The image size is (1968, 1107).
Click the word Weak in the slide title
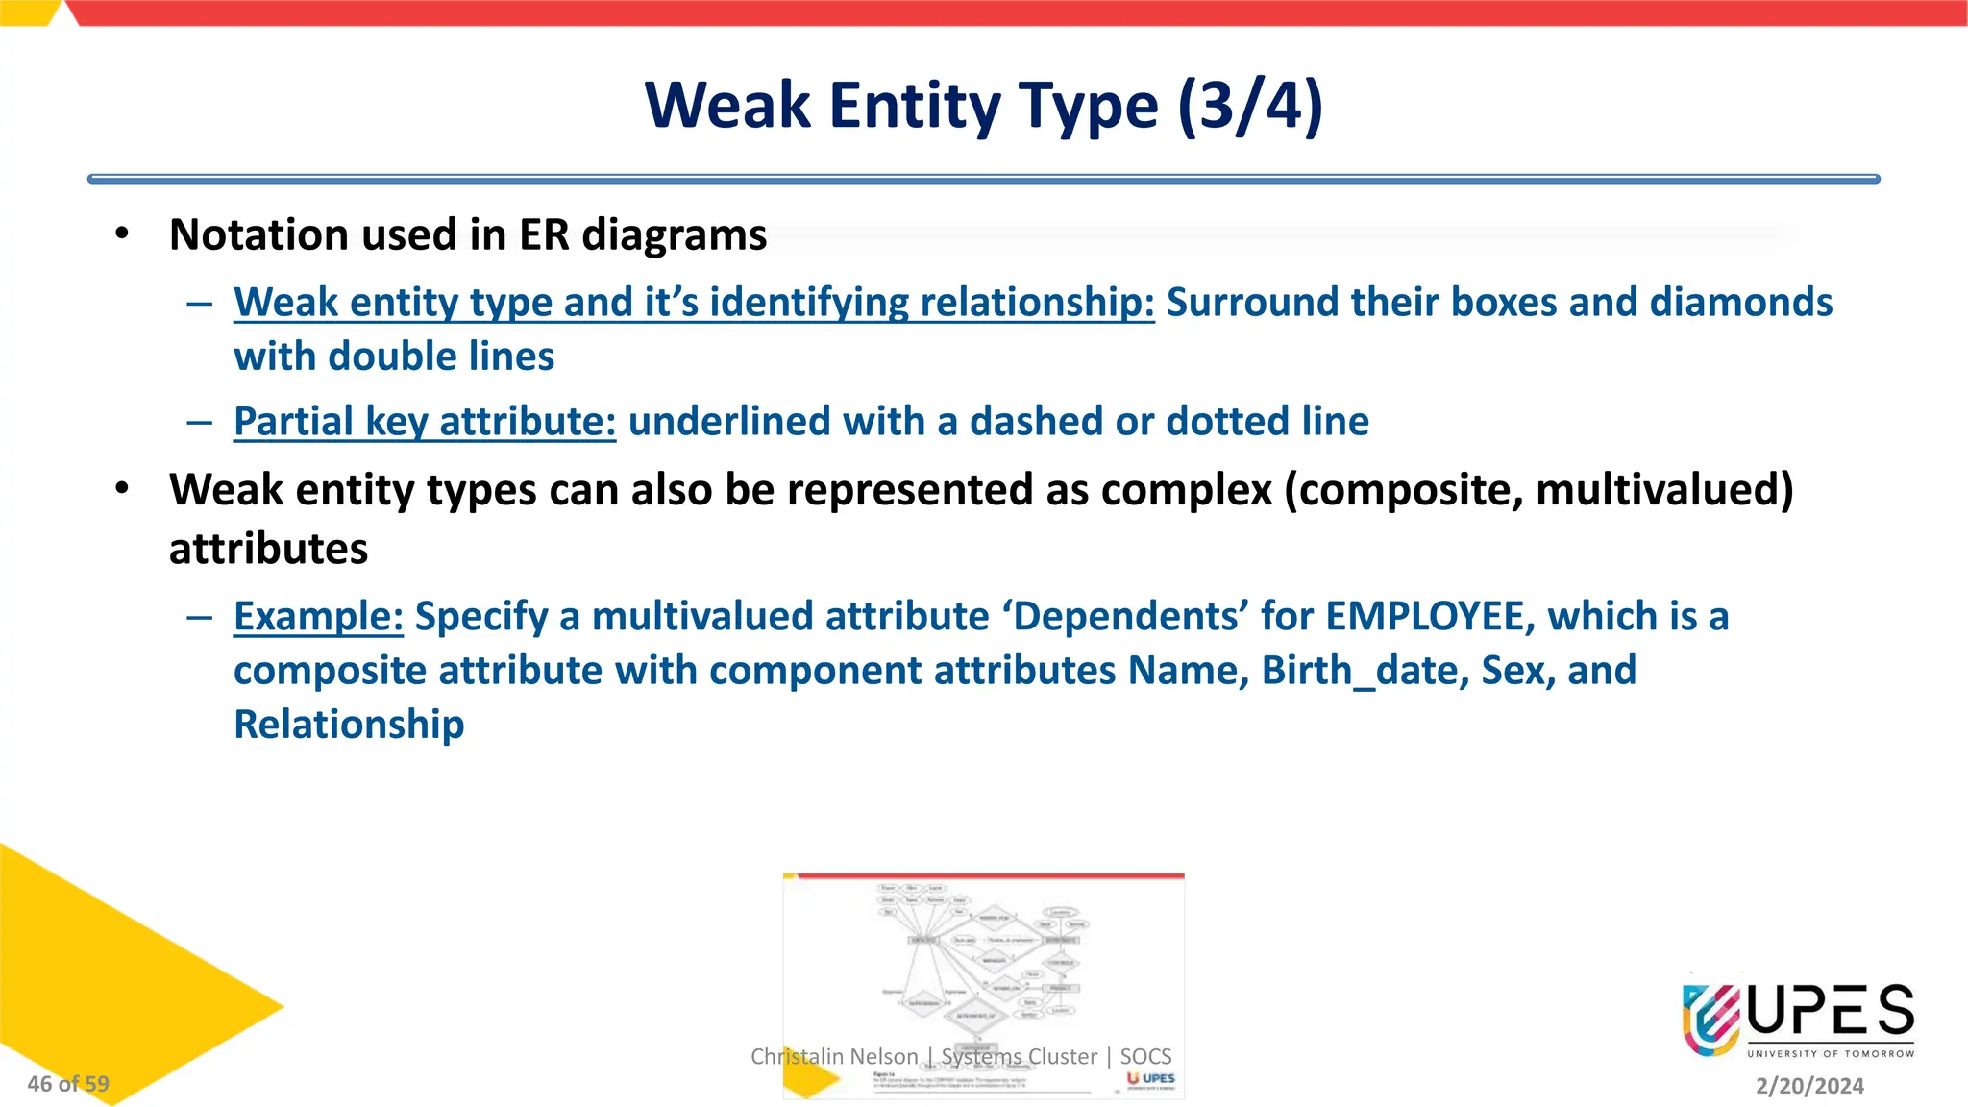pos(727,106)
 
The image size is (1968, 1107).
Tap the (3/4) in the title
pos(1250,106)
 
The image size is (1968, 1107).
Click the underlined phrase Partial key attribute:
pos(425,422)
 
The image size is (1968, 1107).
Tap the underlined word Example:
pos(318,617)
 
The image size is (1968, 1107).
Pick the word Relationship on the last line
pos(349,725)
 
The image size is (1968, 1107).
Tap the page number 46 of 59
pos(68,1084)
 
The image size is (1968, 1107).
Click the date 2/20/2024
pos(1809,1086)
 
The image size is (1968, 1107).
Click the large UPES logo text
pos(1831,1011)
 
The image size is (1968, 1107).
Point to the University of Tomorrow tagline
pos(1831,1054)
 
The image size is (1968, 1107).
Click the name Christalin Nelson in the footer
pos(833,1057)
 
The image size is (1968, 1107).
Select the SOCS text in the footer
pos(1145,1057)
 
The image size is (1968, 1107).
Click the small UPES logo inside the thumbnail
pos(1151,1078)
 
